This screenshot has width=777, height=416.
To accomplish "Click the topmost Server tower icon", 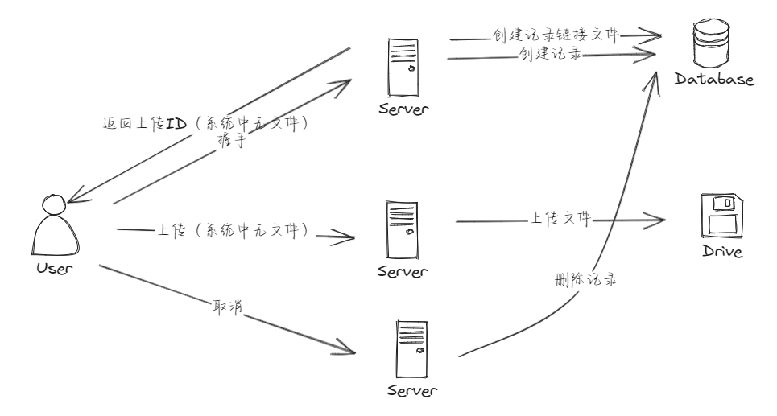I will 403,69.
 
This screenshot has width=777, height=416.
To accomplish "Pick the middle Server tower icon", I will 403,229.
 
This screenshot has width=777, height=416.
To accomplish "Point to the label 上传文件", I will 561,218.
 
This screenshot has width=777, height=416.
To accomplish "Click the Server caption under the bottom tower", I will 411,392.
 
